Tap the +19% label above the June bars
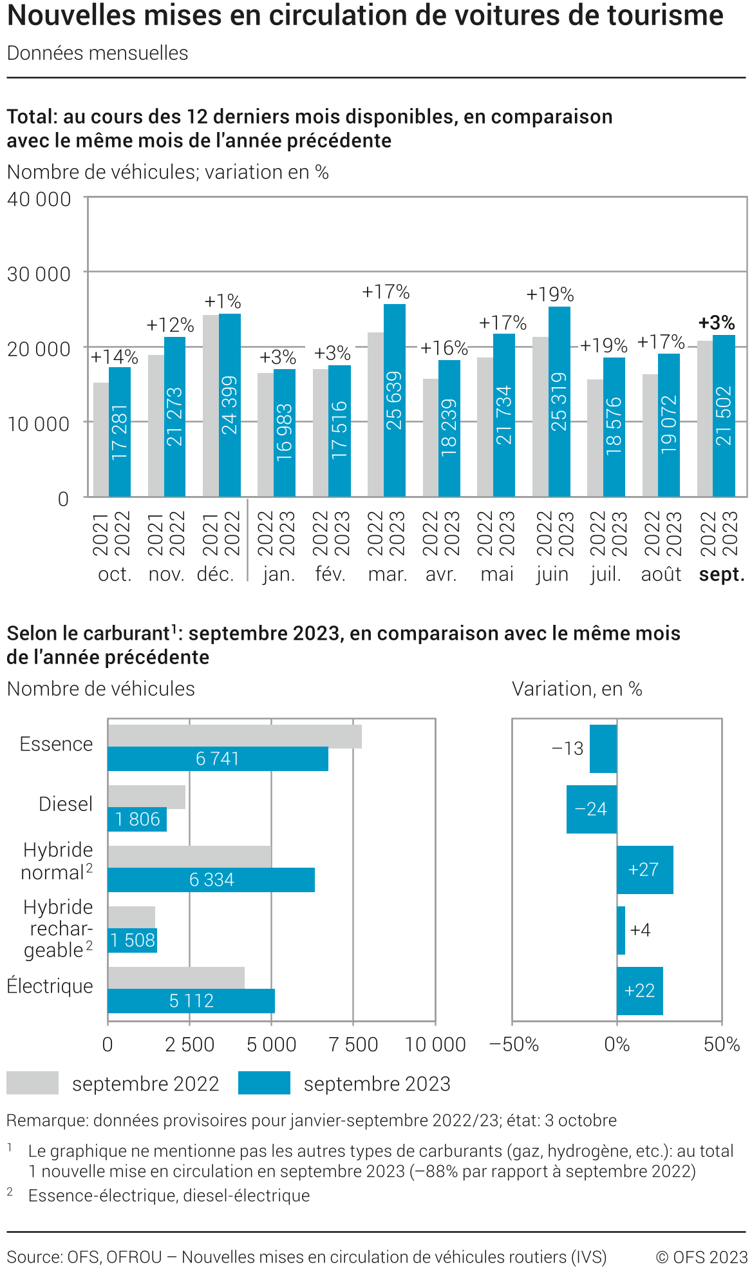click(x=550, y=294)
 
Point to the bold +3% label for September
click(x=717, y=322)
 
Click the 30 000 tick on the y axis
click(x=39, y=274)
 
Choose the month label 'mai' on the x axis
click(x=497, y=574)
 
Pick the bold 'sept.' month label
click(x=722, y=574)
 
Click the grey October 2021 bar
click(x=101, y=439)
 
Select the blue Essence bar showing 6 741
click(x=218, y=759)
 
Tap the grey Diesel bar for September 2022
click(x=146, y=797)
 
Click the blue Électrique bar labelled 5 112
click(x=191, y=1000)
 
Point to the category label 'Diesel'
click(x=66, y=804)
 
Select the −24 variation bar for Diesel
click(x=591, y=809)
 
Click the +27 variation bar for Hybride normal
click(x=644, y=870)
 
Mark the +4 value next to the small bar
click(x=640, y=930)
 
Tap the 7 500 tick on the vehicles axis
click(x=353, y=1044)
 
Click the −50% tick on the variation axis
click(x=514, y=1044)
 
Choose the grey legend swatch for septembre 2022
click(x=32, y=1083)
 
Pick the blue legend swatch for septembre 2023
click(x=264, y=1083)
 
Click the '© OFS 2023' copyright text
click(x=701, y=1257)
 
